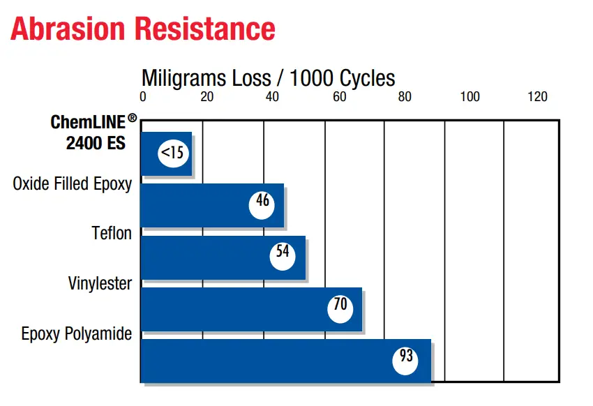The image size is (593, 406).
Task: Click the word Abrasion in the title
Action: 68,29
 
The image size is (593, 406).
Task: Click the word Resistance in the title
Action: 205,29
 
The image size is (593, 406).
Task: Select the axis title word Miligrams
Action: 184,79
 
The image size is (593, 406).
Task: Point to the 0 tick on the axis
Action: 142,97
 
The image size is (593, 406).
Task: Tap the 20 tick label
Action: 207,97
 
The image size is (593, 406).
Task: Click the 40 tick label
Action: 272,97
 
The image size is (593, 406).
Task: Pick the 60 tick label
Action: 339,97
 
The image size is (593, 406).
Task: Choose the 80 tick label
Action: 404,97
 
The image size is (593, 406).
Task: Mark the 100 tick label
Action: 470,97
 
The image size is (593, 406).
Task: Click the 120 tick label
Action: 537,97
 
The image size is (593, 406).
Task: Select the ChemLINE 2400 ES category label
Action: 93,133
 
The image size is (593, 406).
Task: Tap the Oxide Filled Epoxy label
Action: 73,184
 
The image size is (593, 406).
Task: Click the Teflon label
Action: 112,233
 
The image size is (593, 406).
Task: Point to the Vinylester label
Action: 100,283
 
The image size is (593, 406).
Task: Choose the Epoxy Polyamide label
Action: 77,333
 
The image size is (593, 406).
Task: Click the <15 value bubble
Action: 173,153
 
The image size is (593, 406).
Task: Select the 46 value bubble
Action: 262,205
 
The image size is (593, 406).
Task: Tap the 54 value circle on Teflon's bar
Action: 283,256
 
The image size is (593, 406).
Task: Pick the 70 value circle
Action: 340,309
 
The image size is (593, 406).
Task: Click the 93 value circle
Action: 405,361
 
